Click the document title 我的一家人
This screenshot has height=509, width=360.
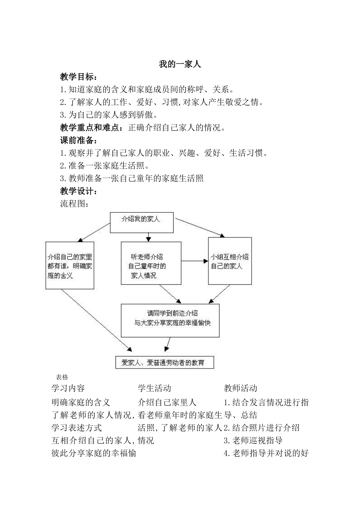(x=180, y=64)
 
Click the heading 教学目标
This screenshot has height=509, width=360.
(x=78, y=77)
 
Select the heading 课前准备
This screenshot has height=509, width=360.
(x=78, y=141)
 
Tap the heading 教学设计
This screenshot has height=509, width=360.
(x=78, y=191)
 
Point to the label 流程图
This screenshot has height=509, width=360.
(x=75, y=204)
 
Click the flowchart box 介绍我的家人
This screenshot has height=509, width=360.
(x=141, y=222)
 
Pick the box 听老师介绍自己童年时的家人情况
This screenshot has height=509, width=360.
(x=151, y=263)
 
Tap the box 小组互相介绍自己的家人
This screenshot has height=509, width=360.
(x=230, y=261)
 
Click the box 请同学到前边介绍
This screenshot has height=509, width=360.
(x=170, y=320)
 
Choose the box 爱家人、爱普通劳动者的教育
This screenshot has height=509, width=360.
(x=164, y=362)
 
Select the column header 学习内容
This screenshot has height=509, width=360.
(x=68, y=388)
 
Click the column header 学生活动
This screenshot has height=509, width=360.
(x=154, y=388)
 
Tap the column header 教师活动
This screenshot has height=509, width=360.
(x=241, y=388)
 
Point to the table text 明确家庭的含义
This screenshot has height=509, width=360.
(x=81, y=402)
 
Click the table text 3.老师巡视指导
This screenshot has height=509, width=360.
(x=253, y=440)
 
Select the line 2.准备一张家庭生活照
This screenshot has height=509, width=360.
(x=104, y=166)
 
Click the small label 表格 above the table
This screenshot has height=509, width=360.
(x=62, y=377)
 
